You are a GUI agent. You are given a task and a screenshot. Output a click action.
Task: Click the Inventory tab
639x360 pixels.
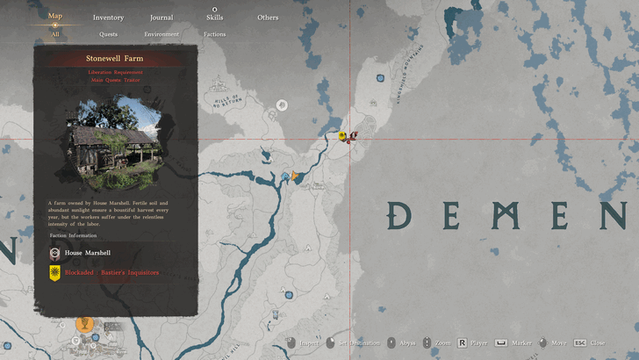tap(108, 18)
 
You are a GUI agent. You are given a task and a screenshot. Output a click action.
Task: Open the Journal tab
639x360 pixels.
tap(162, 18)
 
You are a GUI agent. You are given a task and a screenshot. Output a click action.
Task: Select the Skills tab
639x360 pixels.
tap(214, 18)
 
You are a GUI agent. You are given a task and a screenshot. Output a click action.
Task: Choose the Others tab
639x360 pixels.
tap(268, 18)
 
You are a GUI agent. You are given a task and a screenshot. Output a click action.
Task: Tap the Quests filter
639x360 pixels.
tap(108, 34)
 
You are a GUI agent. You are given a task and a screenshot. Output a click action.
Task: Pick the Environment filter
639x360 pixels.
tap(162, 34)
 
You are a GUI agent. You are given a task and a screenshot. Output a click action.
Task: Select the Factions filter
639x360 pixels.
tap(214, 34)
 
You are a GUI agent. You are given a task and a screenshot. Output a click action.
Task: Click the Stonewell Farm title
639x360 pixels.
tap(110, 58)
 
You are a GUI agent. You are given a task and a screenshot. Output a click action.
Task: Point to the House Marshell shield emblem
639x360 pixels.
tap(54, 253)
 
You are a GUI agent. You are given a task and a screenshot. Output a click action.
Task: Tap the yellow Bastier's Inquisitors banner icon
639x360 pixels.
tap(54, 273)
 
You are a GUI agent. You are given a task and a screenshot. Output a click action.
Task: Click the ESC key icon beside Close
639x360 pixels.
tap(580, 342)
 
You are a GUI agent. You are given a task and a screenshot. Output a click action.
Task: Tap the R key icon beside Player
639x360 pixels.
tap(462, 342)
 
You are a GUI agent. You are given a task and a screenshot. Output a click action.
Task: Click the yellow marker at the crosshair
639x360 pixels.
tap(342, 135)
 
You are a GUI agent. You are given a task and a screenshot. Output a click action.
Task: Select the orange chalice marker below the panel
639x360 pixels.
tap(84, 324)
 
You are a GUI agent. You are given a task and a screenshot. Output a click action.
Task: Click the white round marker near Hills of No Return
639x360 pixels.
tap(282, 105)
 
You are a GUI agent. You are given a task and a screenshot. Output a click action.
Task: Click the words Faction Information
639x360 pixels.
tap(75, 235)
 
